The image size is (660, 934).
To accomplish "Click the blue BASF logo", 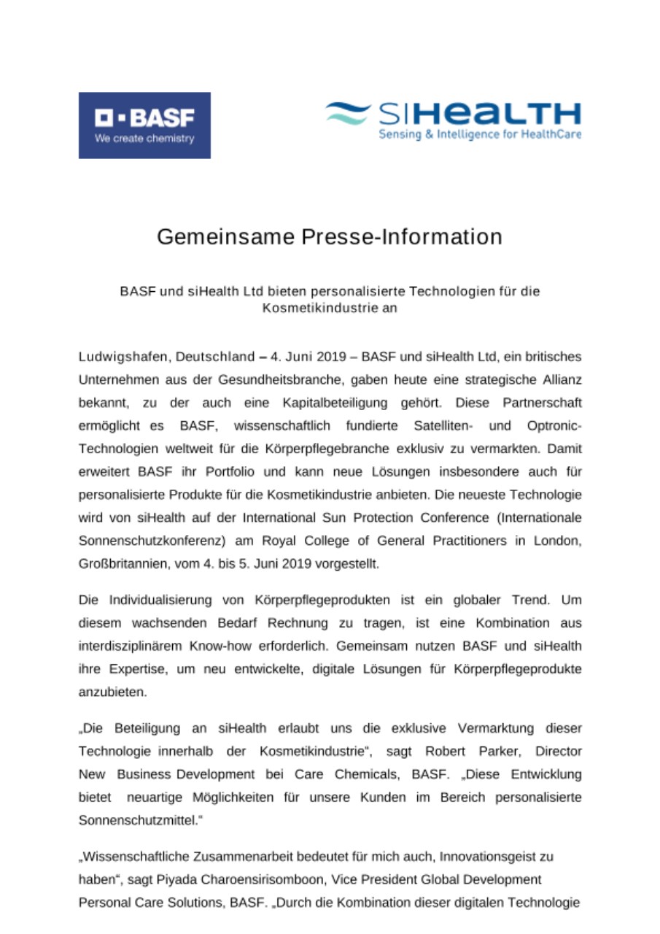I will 144,125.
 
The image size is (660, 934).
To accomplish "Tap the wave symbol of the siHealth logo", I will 349,113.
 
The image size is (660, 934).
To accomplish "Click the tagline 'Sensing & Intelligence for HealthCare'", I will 480,135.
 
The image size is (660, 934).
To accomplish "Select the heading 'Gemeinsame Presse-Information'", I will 330,237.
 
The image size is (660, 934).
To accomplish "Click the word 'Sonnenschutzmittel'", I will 136,819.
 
